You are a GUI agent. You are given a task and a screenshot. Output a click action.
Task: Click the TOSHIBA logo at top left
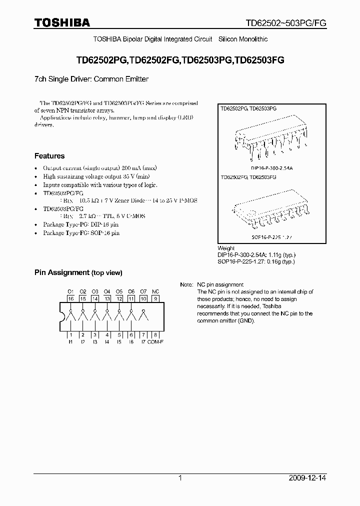click(x=62, y=22)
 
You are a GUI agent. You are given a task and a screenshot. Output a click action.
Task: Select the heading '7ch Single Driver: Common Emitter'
click(x=91, y=79)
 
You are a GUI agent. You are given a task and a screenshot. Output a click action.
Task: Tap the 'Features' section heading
click(x=49, y=156)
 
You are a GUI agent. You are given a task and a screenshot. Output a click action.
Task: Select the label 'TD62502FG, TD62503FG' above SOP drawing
click(x=248, y=177)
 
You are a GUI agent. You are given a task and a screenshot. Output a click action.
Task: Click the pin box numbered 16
click(x=70, y=298)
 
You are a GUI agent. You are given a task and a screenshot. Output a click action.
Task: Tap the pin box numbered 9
click(x=155, y=298)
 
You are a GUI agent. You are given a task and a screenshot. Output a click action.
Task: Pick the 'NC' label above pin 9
click(x=155, y=291)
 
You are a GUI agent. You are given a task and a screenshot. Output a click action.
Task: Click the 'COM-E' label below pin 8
click(x=155, y=342)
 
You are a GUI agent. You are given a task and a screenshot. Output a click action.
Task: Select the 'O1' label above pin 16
click(x=70, y=291)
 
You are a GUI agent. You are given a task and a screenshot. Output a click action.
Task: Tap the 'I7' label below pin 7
click(x=143, y=342)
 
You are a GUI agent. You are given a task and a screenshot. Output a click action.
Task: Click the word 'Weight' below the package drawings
click(x=226, y=248)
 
